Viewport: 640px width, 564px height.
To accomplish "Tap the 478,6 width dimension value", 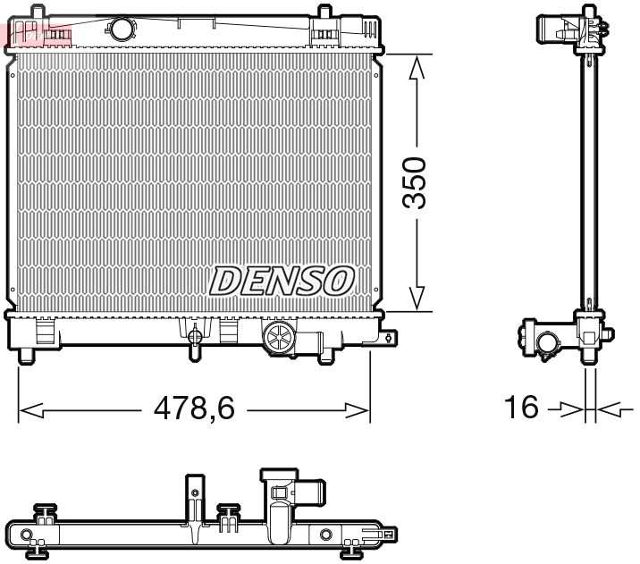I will point(193,410).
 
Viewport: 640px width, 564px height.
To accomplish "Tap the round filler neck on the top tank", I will point(122,29).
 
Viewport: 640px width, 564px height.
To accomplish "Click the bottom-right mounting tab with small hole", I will point(389,337).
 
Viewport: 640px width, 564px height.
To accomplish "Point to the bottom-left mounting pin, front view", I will point(27,355).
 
